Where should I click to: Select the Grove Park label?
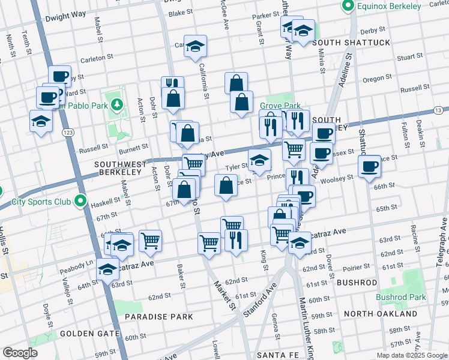click(279, 106)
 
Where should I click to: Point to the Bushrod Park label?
click(400, 297)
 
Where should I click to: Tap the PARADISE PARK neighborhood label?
click(158, 316)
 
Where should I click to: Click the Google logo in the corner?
click(20, 353)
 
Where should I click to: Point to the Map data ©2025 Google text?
click(411, 355)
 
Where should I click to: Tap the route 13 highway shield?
click(439, 110)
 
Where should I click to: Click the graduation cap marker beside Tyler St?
click(260, 161)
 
